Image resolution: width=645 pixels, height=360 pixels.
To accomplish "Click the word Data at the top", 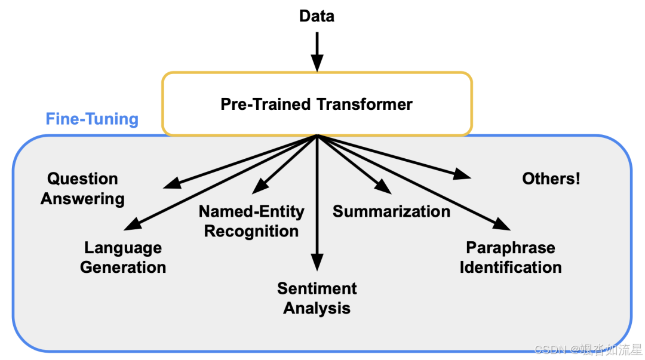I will [x=317, y=16].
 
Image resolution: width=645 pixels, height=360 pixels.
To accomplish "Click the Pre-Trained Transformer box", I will [x=317, y=104].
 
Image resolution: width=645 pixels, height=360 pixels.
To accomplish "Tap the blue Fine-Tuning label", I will [x=92, y=119].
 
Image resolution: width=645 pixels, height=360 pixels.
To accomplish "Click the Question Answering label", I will [x=82, y=189].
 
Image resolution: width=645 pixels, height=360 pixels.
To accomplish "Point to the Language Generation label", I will [x=123, y=257].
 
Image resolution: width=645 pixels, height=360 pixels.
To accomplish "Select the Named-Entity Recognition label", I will [x=251, y=221].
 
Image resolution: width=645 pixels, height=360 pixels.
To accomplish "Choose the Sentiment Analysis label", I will [x=317, y=299].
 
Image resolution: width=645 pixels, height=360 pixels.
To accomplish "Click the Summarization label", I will [x=391, y=211].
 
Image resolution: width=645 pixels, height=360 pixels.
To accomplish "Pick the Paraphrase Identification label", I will [x=511, y=257].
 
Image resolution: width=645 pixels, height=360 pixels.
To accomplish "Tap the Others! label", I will [x=551, y=179].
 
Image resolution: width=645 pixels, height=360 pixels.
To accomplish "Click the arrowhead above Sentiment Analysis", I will [x=317, y=263].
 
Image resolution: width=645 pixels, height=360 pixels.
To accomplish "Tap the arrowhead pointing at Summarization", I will [x=383, y=187].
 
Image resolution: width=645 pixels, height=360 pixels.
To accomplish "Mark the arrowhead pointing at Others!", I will [x=463, y=175].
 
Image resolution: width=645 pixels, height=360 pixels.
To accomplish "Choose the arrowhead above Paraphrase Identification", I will [x=503, y=224].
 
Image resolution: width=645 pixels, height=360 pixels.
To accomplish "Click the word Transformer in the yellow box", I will [x=364, y=104].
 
